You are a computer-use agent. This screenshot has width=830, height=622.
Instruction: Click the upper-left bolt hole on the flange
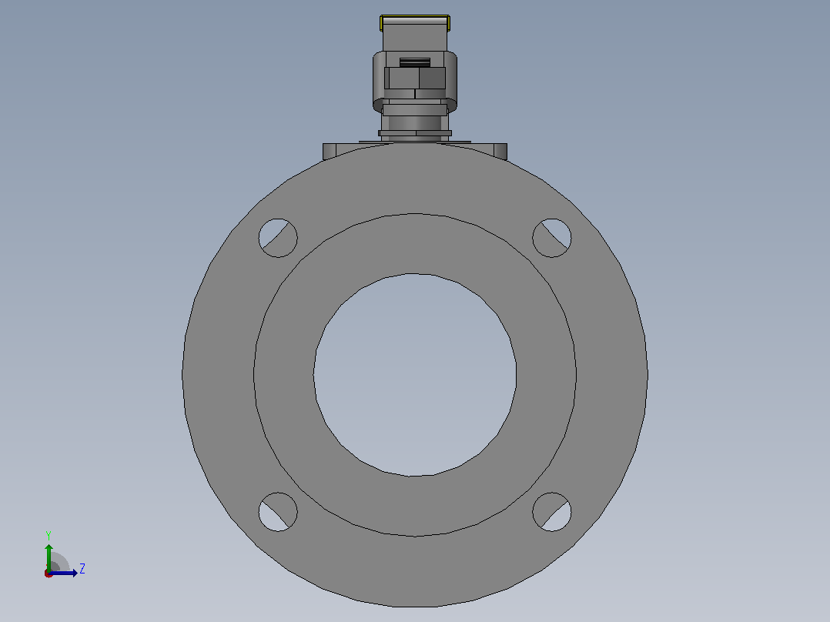coord(278,238)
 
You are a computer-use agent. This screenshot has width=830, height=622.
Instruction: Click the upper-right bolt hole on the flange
coord(551,238)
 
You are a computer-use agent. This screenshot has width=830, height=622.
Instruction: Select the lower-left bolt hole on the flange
coord(278,512)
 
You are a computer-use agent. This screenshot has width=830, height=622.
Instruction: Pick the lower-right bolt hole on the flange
coord(551,512)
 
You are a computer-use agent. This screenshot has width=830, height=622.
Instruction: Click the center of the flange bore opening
coord(415,375)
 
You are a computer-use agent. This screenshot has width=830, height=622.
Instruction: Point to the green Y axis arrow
coord(49,557)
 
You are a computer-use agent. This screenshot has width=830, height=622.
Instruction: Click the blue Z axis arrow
coord(63,573)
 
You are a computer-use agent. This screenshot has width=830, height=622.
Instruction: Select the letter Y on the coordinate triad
coord(49,536)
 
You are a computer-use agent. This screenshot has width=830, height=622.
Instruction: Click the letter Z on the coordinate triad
coord(82,569)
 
